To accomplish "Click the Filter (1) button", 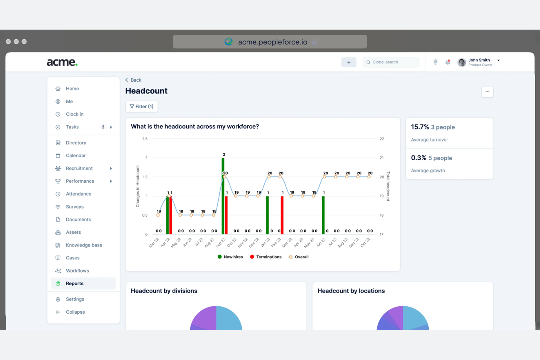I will click(142, 107).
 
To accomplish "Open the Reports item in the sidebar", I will click(74, 283).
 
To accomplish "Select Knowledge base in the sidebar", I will click(84, 245).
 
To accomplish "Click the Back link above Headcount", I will click(134, 80).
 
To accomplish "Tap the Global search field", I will click(391, 62).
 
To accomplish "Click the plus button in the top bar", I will click(349, 62).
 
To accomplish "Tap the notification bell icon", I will click(448, 62).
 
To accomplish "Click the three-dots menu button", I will click(487, 92).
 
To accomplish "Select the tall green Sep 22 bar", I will click(223, 196).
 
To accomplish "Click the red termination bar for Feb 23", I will click(282, 215).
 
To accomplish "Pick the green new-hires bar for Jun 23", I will click(323, 215).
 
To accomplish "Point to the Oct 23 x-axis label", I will click(365, 243).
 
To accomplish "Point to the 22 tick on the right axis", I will click(382, 139).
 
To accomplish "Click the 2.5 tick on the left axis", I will click(145, 139).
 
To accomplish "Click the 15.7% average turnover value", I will click(420, 127).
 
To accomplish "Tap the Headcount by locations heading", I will click(351, 291).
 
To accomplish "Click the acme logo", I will click(62, 62).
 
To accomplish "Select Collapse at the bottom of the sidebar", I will click(75, 312).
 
